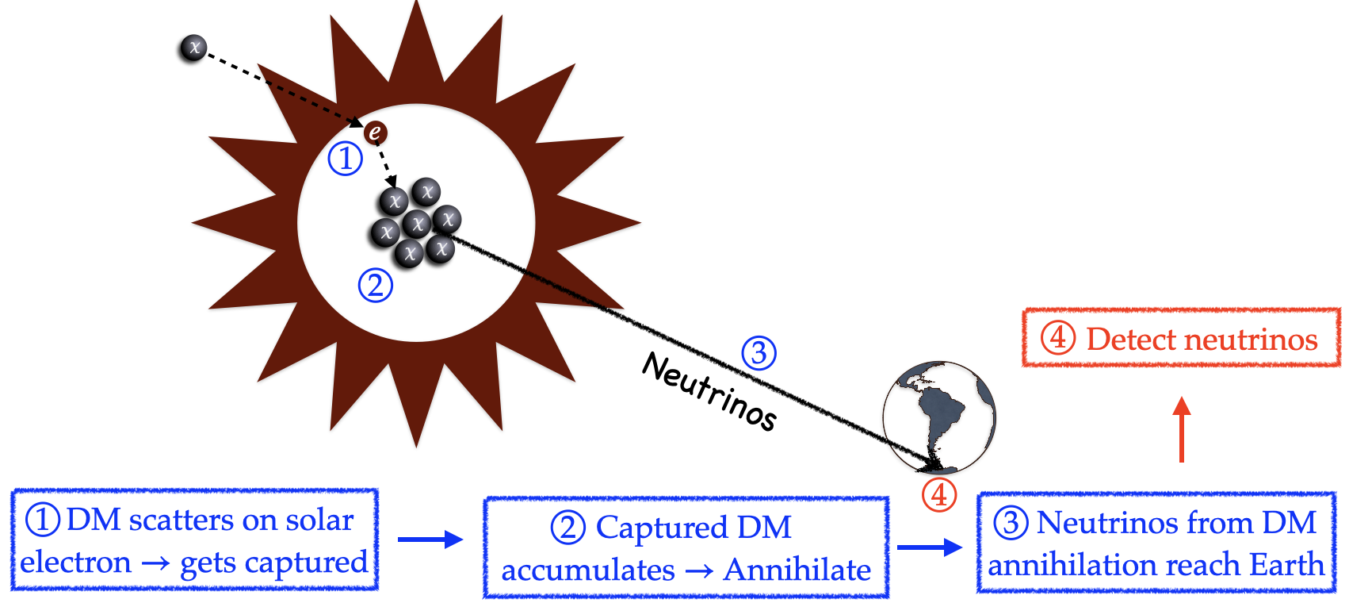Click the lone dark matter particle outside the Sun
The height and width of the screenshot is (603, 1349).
click(x=193, y=48)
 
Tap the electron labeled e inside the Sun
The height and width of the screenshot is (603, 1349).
click(x=375, y=133)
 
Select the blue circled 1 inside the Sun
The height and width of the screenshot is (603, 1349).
click(x=346, y=159)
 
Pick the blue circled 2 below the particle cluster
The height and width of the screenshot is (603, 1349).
click(x=375, y=285)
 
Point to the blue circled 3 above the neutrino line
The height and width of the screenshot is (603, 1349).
click(x=759, y=353)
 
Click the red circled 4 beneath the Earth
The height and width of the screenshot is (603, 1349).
click(x=939, y=495)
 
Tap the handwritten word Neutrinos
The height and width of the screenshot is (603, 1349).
click(x=709, y=391)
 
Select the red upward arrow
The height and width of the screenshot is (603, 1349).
click(x=1182, y=428)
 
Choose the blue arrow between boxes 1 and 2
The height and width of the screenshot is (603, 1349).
click(x=430, y=540)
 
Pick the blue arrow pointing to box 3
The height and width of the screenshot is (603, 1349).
click(x=929, y=547)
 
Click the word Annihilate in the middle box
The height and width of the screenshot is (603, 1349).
click(x=797, y=570)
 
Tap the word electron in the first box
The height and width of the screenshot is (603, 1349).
click(x=76, y=563)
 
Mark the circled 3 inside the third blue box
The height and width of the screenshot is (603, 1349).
click(x=1011, y=523)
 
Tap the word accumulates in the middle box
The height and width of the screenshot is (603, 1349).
click(x=588, y=570)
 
